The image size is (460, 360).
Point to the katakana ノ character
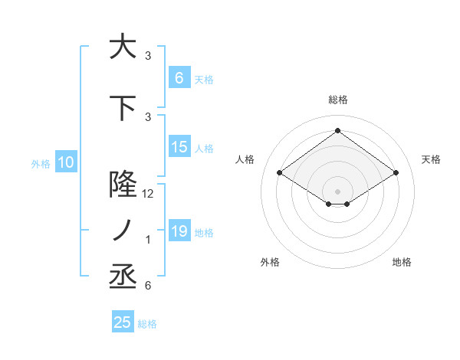(122, 231)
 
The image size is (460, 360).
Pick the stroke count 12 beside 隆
(148, 194)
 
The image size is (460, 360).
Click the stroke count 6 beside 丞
(148, 286)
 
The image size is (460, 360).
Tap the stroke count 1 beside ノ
(148, 240)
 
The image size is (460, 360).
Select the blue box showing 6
(179, 77)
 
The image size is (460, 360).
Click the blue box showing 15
(179, 148)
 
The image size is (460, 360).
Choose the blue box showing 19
(179, 231)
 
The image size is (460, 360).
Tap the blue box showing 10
(65, 162)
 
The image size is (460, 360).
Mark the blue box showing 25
(123, 322)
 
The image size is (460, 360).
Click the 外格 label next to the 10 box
(40, 163)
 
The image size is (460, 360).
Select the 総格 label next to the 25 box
(147, 324)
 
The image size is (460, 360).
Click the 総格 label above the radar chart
(337, 100)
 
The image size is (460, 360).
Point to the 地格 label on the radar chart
(402, 262)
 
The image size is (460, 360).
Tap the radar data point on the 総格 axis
(337, 131)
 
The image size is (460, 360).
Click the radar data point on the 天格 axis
(396, 173)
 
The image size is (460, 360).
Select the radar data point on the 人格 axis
(279, 173)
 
